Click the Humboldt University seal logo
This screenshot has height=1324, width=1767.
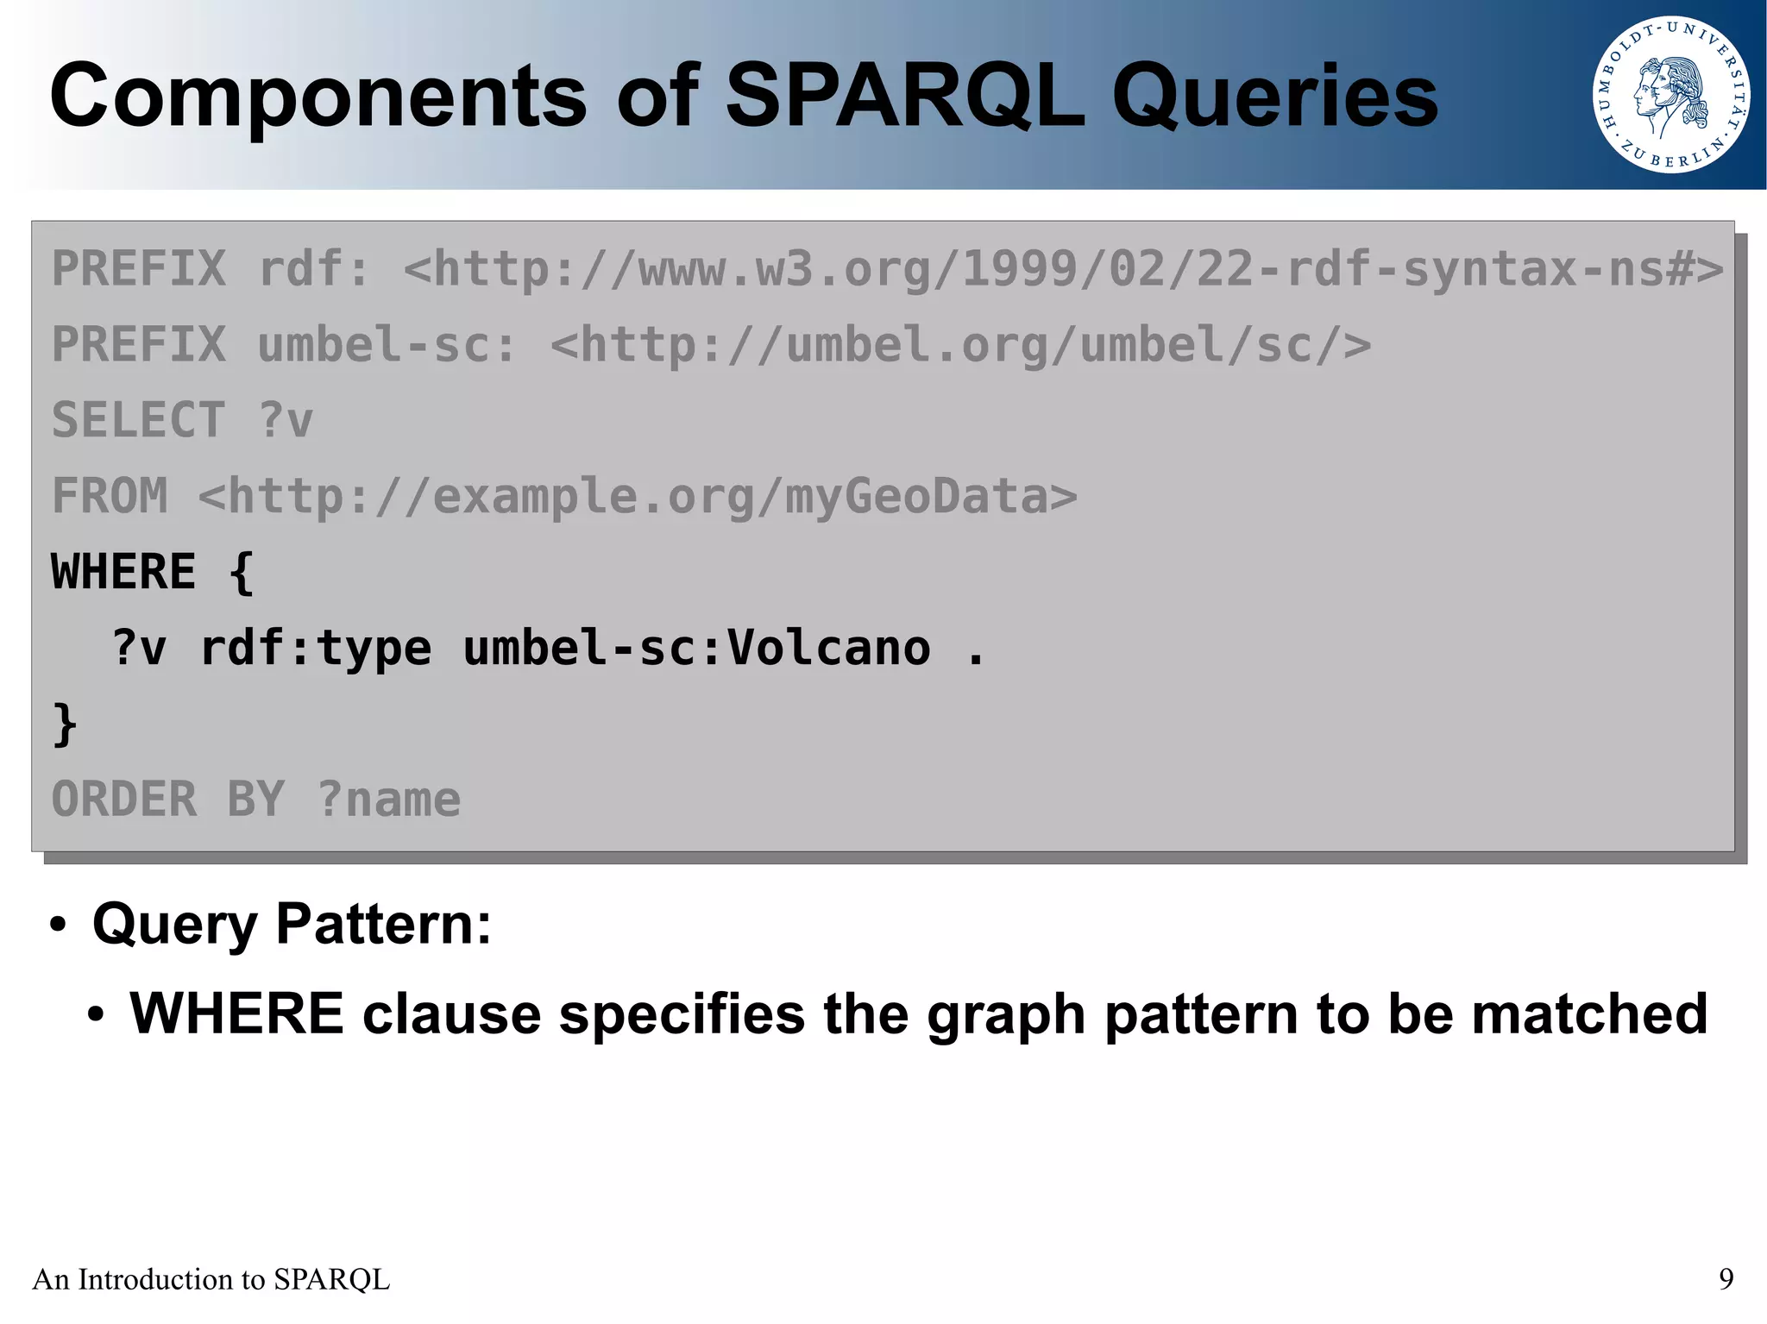click(x=1670, y=95)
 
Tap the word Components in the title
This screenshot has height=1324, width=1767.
click(x=318, y=97)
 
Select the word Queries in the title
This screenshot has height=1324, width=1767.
click(x=1274, y=97)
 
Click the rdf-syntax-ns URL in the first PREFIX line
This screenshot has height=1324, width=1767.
click(x=1063, y=269)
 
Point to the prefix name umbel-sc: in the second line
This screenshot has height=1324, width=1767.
click(x=386, y=345)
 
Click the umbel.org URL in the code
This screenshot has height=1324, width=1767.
click(x=960, y=345)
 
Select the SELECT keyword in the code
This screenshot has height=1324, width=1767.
click(x=138, y=420)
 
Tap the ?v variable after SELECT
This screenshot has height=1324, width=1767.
click(x=286, y=420)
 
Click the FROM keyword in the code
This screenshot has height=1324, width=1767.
click(x=110, y=496)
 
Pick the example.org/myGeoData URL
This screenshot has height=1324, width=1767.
click(x=638, y=496)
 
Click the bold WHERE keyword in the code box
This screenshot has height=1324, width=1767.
click(x=123, y=572)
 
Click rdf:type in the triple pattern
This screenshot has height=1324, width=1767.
click(x=315, y=648)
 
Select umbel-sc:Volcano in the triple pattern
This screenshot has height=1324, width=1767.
click(x=696, y=648)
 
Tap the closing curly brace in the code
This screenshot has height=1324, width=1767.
click(x=65, y=725)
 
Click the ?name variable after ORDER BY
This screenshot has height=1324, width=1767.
click(x=389, y=800)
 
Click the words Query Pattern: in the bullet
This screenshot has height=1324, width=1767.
click(x=292, y=924)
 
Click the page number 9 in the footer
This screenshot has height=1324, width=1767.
click(x=1726, y=1278)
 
